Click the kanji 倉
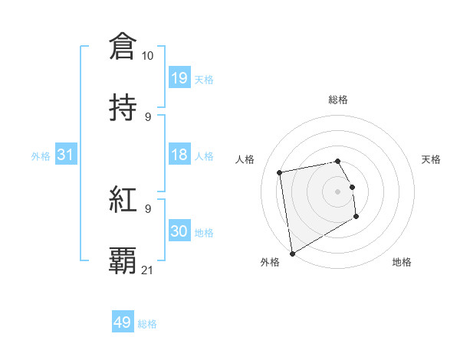(123, 47)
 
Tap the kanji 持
(123, 108)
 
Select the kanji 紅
(123, 200)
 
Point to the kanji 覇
(123, 261)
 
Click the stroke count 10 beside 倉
(147, 56)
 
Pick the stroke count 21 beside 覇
(147, 270)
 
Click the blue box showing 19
(179, 78)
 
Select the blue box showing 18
(179, 155)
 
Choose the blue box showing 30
(179, 231)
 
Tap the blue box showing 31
(66, 155)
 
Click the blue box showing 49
(123, 322)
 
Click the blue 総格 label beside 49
(147, 324)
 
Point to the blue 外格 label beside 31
(41, 156)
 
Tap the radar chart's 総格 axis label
(338, 100)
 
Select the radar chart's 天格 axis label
(431, 159)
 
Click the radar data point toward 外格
(292, 253)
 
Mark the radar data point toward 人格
(280, 172)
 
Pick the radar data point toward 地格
(356, 217)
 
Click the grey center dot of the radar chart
(338, 191)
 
